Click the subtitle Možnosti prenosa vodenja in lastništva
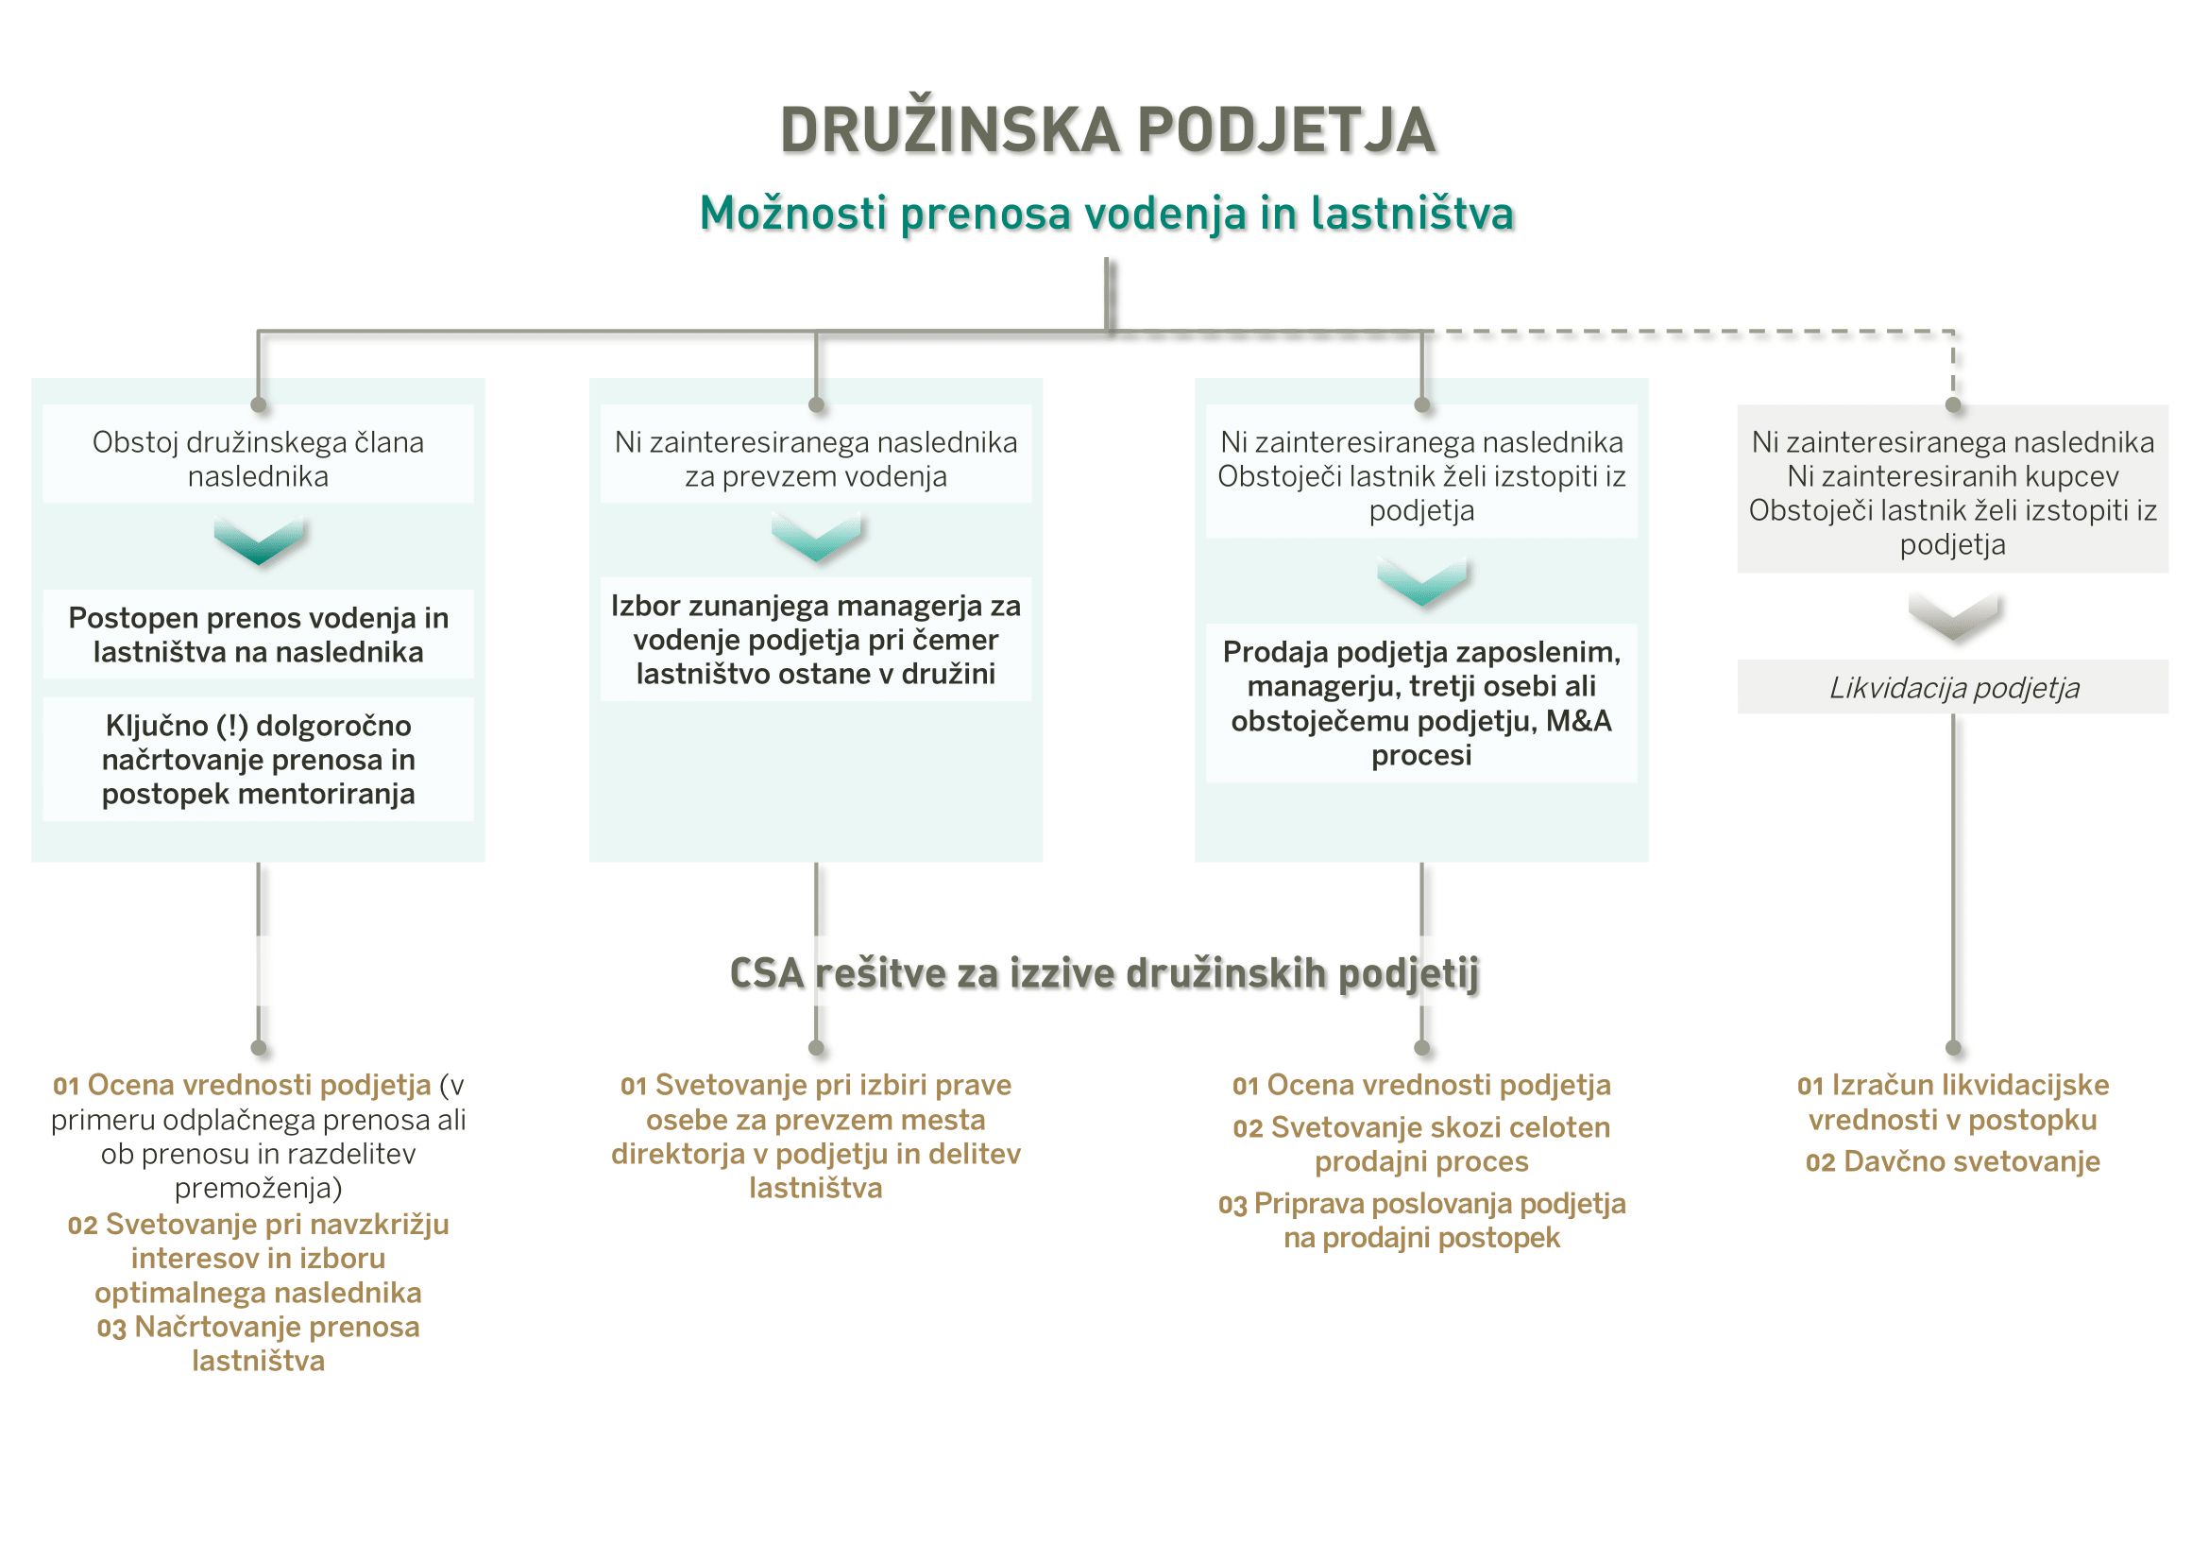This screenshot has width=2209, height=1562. pos(1107,214)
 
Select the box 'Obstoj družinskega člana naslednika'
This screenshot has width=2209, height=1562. pos(258,459)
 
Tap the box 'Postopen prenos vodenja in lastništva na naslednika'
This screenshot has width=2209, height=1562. pos(258,634)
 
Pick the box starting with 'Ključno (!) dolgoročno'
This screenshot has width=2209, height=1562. pos(258,760)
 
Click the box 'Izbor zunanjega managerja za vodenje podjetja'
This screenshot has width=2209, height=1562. pos(816,639)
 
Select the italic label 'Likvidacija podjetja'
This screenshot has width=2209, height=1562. pos(1953,687)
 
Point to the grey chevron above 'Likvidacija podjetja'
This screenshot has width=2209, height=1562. pos(1953,616)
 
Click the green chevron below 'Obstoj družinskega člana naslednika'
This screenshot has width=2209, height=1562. pos(259,541)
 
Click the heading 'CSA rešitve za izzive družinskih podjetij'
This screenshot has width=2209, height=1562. pos(1105,973)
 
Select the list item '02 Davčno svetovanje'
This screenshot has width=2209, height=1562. pos(1952,1161)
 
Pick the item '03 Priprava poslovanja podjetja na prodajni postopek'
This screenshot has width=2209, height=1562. pos(1421,1220)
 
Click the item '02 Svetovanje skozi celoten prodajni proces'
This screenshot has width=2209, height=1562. pos(1421,1144)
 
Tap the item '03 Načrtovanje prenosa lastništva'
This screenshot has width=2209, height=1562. pos(258,1344)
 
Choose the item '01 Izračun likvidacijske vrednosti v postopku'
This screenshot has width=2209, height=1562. pos(1952,1102)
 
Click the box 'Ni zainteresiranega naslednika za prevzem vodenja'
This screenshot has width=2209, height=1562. pos(816,459)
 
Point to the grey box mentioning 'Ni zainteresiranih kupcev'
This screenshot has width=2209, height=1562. pos(1952,492)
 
